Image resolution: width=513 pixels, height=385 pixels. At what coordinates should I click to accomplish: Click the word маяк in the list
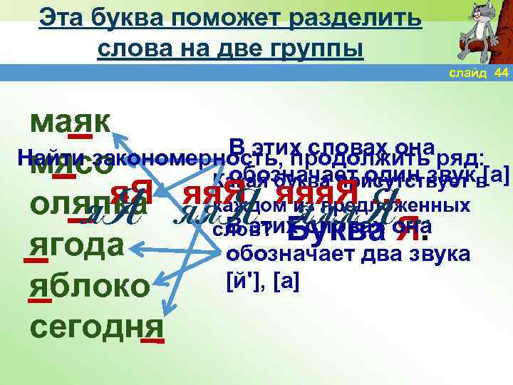point(71,123)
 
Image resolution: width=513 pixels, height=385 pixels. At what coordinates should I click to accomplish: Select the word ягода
point(78,246)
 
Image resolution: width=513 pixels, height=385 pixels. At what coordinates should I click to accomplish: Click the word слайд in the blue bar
point(467,73)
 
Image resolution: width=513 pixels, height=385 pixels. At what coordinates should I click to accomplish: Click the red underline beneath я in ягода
point(36,261)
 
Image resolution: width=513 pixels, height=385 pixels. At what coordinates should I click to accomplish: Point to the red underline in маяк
point(79,136)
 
